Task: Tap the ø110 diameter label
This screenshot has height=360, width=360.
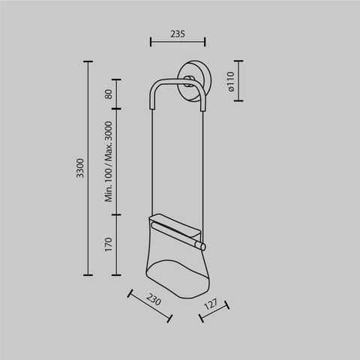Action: click(x=232, y=81)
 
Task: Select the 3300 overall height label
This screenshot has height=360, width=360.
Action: click(x=79, y=168)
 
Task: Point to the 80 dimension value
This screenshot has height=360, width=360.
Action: click(x=108, y=94)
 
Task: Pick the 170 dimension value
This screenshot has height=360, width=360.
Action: click(x=108, y=244)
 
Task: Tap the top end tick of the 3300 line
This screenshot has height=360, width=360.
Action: click(x=88, y=62)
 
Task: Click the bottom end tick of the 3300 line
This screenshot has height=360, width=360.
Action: click(x=88, y=275)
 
